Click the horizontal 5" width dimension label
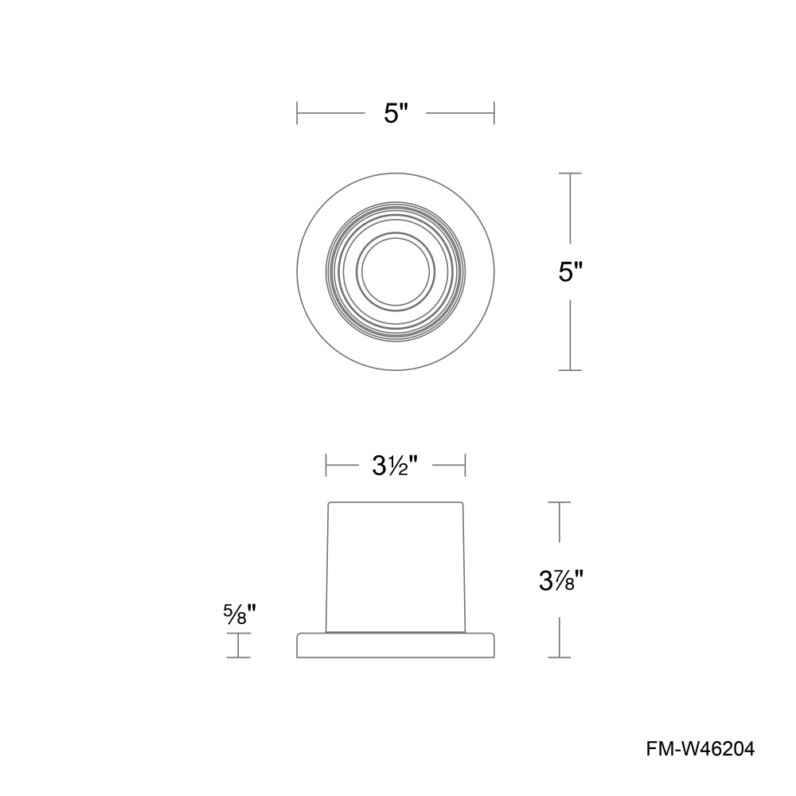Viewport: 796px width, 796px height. click(396, 113)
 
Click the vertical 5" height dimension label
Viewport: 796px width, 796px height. click(571, 272)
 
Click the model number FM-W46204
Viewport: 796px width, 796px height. click(700, 749)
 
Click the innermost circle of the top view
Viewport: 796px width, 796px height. click(396, 271)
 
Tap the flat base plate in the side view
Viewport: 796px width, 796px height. click(396, 646)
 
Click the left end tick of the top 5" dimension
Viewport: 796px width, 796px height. click(297, 113)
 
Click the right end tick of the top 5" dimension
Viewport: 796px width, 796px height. click(494, 113)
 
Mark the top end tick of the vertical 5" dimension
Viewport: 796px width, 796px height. click(570, 173)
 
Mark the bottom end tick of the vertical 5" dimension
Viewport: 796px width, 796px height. click(570, 370)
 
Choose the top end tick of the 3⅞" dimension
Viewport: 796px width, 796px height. click(560, 501)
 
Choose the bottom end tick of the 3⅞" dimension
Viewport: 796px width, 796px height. click(560, 657)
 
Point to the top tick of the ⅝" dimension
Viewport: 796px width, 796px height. click(239, 634)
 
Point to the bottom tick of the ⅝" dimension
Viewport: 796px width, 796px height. click(239, 657)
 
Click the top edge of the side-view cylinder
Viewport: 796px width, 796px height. click(396, 502)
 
